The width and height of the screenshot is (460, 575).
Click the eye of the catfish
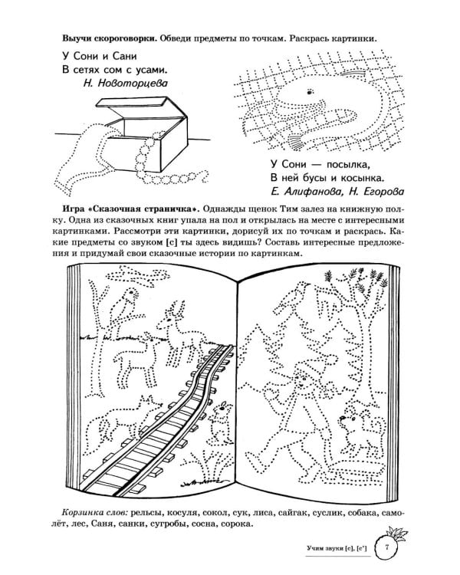click(x=309, y=92)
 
